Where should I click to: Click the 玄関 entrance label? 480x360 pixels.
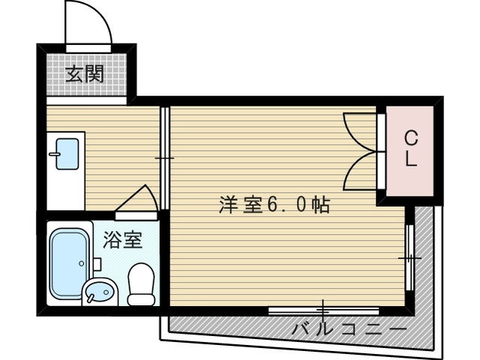tap(83, 74)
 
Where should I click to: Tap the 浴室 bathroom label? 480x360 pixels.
tap(122, 240)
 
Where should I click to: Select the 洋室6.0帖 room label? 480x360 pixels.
tap(274, 205)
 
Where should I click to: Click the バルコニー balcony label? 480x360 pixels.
tap(349, 328)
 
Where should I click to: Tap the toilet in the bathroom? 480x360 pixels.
tap(140, 286)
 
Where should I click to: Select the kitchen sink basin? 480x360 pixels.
tap(68, 154)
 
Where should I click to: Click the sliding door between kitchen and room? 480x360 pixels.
tap(165, 158)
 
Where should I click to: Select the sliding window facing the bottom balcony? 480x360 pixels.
tap(322, 309)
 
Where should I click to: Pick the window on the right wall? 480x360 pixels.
tap(409, 257)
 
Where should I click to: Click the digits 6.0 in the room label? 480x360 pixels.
tap(288, 205)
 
